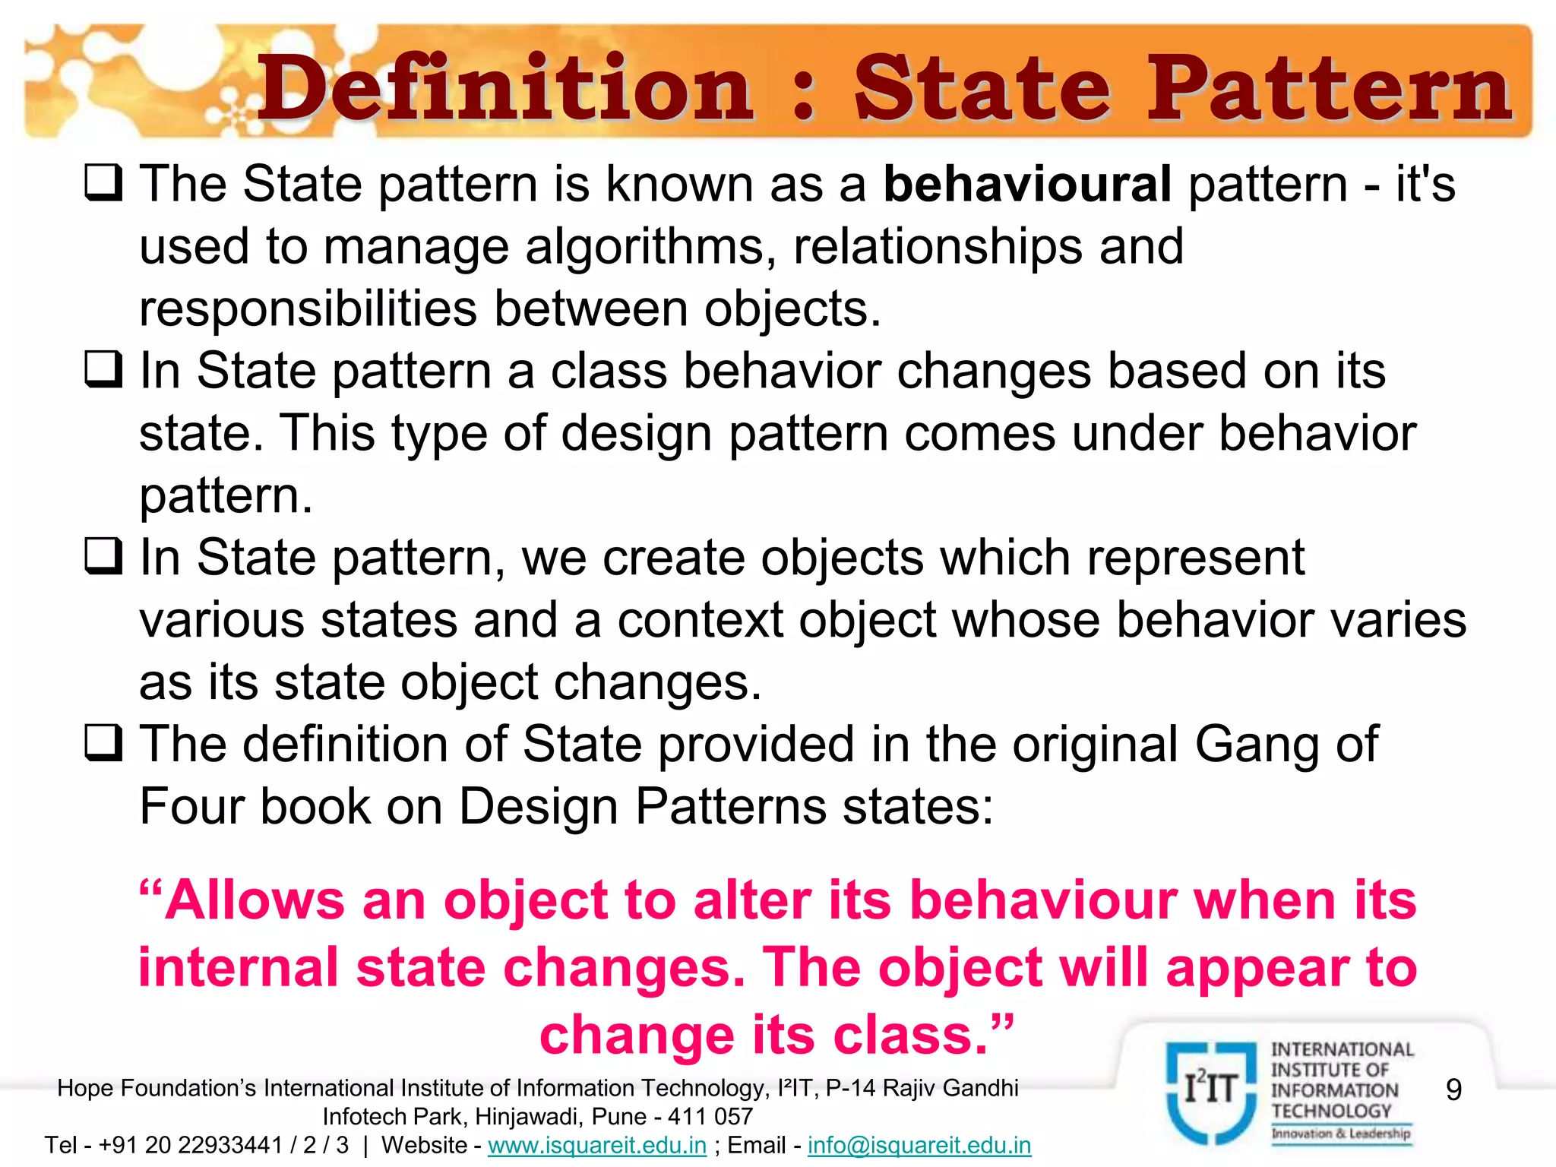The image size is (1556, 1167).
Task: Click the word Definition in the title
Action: [504, 90]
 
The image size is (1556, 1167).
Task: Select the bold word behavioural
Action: [1027, 185]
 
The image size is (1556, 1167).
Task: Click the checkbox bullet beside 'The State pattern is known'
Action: [103, 183]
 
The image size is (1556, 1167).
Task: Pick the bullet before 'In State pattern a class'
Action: [103, 369]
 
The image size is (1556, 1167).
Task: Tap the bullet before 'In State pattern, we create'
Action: [103, 556]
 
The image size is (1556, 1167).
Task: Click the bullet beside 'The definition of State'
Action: [103, 742]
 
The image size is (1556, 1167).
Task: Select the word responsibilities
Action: [308, 309]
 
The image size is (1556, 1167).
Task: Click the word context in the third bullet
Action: [700, 620]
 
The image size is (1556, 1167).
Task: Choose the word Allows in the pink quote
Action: [255, 901]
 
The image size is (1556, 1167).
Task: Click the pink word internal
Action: [239, 968]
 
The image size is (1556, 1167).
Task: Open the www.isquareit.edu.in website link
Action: [597, 1145]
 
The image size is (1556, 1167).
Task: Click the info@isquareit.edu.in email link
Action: [919, 1145]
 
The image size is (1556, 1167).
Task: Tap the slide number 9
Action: [1453, 1090]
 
